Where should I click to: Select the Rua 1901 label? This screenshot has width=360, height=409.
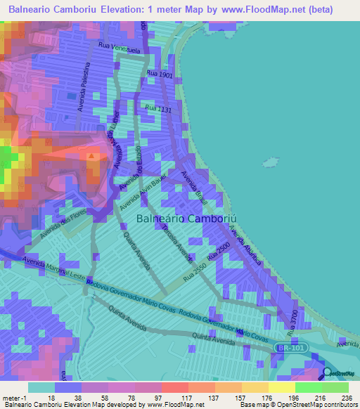pos(159,73)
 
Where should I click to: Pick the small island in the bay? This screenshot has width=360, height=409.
pos(268,164)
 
